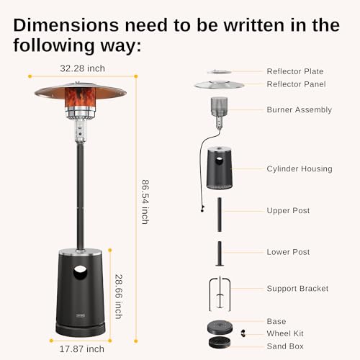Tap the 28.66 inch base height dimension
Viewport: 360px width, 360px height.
click(119, 296)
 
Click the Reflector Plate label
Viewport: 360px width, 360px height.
click(294, 71)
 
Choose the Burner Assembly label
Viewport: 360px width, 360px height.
click(299, 110)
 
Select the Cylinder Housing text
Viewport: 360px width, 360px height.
click(299, 169)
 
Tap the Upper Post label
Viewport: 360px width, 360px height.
click(288, 211)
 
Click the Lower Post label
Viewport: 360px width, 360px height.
click(288, 252)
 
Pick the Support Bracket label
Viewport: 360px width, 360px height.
click(297, 289)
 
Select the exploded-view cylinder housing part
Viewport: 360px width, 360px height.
click(221, 168)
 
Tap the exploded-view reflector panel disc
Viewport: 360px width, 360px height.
click(220, 84)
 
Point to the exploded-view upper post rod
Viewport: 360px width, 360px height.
click(220, 212)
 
